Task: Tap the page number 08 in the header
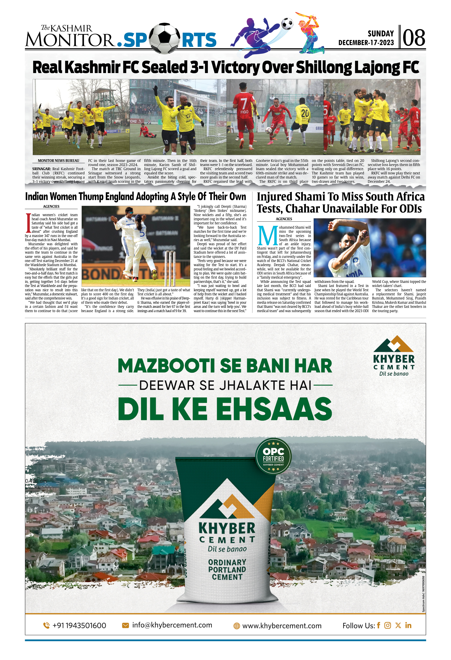pos(414,38)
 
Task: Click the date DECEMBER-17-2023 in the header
pos(366,43)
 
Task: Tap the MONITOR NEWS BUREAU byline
pos(59,161)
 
